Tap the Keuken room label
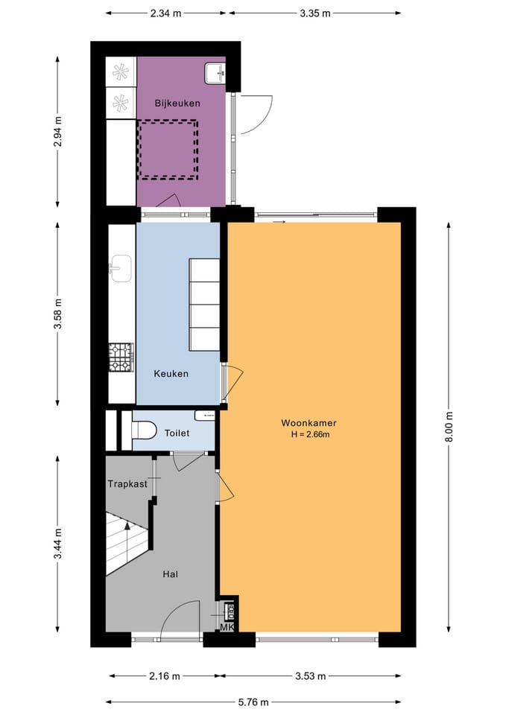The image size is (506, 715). (x=171, y=373)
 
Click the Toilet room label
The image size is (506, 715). (x=177, y=433)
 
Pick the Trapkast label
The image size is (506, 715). (x=127, y=483)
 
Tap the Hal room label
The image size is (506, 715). (x=171, y=573)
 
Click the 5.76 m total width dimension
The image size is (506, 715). (x=253, y=702)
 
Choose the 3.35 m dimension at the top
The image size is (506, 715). (x=314, y=13)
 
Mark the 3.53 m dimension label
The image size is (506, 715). (x=310, y=676)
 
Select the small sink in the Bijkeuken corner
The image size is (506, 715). (x=215, y=71)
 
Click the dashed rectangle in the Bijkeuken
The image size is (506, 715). (x=168, y=149)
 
